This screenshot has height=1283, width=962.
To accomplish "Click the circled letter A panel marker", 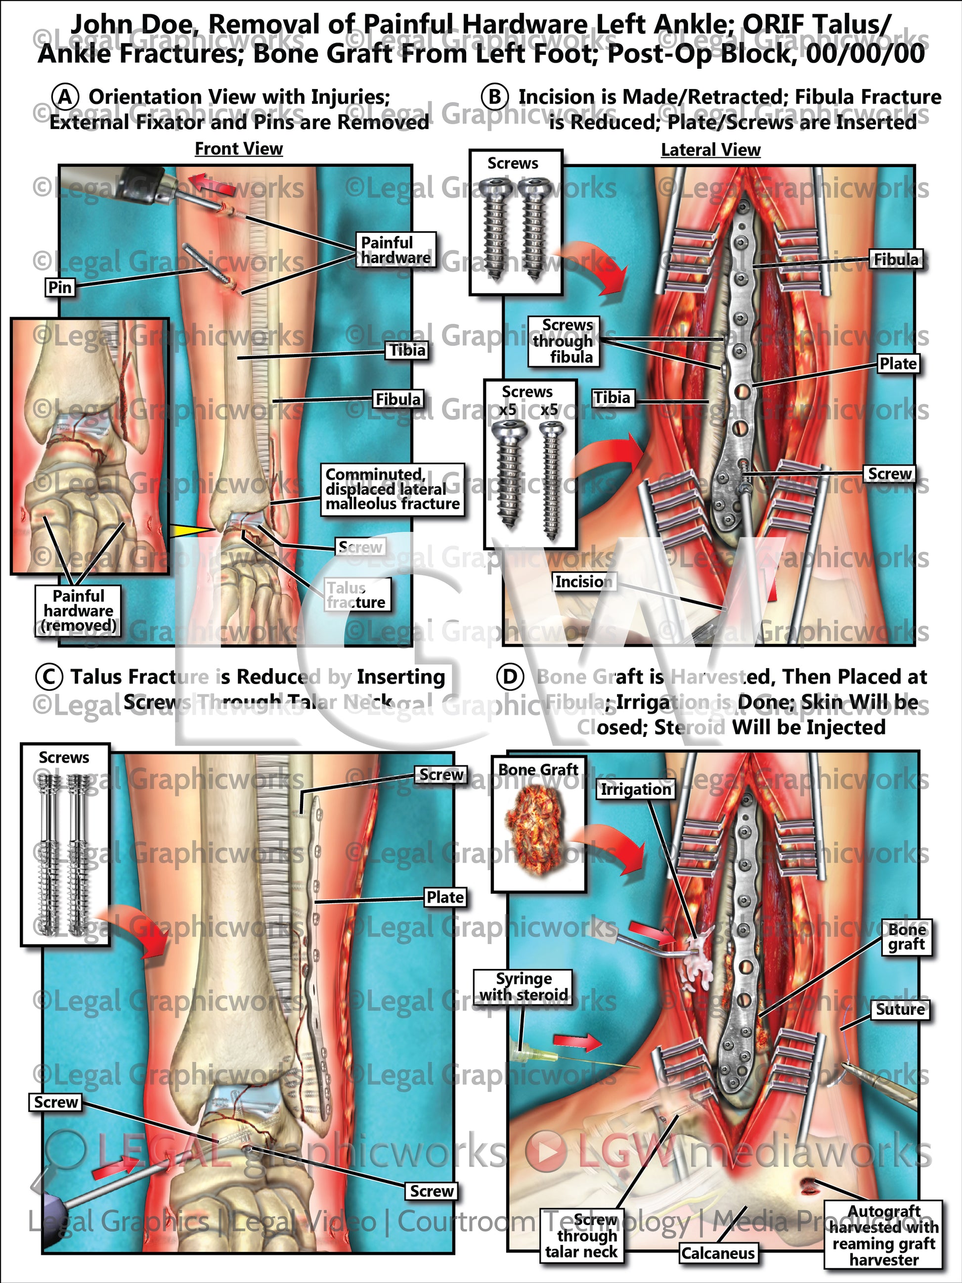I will [65, 97].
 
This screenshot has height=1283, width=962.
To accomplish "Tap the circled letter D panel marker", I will [510, 678].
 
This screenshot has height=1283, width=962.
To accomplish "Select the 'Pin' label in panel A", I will [60, 287].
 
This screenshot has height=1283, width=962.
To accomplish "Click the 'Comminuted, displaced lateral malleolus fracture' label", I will [393, 490].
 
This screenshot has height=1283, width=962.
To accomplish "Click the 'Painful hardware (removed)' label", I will [78, 611].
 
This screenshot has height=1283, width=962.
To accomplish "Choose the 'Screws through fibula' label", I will [563, 341].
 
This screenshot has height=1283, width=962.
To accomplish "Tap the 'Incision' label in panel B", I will [583, 581].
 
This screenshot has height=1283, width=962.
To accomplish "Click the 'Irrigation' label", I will [636, 789].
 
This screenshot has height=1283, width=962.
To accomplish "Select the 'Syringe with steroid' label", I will [524, 987].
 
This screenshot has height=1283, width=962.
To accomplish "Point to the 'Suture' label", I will [900, 1009].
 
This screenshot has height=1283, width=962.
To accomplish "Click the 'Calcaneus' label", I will [718, 1253].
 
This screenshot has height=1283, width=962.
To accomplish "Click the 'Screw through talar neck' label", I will [582, 1236].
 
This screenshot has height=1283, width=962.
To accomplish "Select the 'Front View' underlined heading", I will [239, 149].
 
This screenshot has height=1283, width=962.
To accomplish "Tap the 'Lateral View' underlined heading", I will [710, 150].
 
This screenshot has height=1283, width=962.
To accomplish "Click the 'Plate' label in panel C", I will [445, 897].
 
